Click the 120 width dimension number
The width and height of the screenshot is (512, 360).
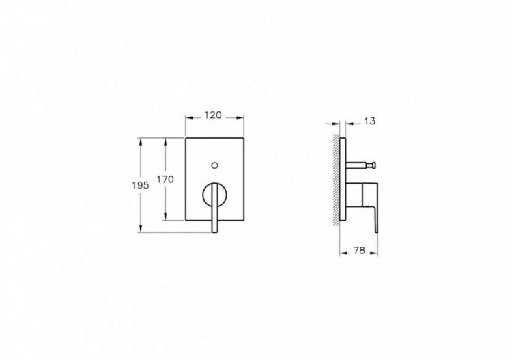(214, 115)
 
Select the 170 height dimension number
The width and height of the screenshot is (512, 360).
(166, 179)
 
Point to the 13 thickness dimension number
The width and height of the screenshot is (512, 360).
(369, 122)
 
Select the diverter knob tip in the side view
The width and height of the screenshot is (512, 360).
(373, 165)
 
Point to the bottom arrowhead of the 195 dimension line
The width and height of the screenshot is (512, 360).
(140, 230)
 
